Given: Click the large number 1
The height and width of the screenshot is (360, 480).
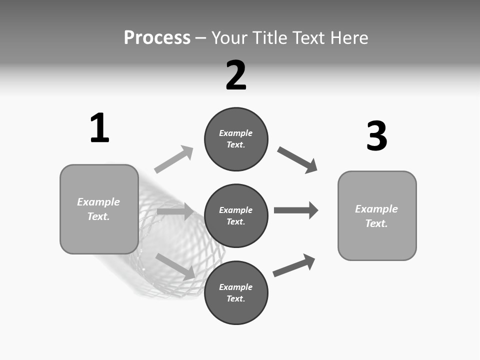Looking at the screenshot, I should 99,128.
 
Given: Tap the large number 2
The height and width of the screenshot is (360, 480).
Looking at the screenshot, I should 236,75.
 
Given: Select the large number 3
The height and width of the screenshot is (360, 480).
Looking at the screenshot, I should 376,136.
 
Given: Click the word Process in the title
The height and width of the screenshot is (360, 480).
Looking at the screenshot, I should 157,37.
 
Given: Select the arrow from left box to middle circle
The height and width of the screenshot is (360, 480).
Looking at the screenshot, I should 175,212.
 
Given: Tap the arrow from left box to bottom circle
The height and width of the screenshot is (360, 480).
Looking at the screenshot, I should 175,266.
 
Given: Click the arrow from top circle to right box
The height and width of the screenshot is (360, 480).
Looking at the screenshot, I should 297,160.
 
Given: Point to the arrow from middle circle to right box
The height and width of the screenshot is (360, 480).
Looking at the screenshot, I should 296,210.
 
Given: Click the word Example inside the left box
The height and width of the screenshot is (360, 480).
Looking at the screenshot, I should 98,202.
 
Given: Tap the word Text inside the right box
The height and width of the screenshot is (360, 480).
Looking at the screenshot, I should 376,223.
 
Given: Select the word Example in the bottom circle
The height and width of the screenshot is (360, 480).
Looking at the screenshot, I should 236,287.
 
